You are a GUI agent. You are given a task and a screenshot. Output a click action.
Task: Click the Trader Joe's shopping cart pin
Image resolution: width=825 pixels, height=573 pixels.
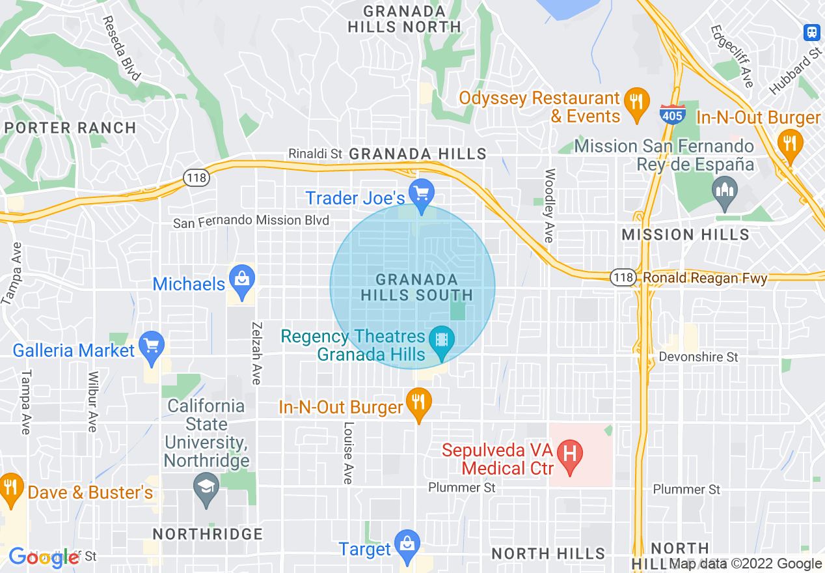(423, 193)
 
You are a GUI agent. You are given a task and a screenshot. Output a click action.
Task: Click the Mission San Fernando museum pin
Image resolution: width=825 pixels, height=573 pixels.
(724, 191)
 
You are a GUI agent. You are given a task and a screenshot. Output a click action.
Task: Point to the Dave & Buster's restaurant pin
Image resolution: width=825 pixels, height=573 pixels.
(10, 488)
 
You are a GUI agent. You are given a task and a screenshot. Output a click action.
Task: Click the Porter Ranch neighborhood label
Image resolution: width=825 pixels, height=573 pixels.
(71, 128)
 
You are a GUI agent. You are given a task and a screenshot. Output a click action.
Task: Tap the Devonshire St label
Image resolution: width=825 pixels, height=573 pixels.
(698, 357)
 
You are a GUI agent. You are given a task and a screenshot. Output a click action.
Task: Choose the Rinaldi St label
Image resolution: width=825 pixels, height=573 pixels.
(316, 154)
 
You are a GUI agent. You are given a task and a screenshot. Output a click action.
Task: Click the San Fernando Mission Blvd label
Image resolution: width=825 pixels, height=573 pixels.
(251, 221)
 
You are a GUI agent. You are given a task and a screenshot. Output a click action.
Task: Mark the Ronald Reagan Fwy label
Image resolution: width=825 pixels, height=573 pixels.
(705, 279)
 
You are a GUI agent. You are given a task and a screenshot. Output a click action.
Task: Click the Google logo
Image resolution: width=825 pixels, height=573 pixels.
(44, 557)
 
